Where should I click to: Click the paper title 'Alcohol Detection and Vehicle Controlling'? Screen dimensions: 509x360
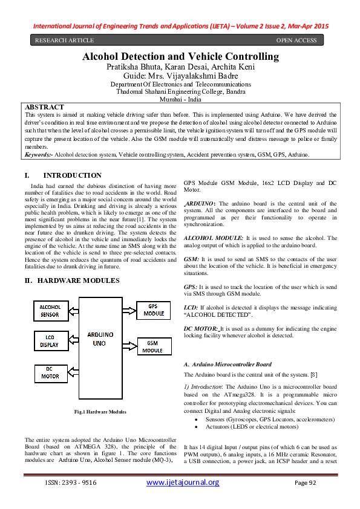pyautogui.click(x=181, y=57)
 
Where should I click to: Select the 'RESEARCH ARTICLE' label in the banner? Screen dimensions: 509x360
pyautogui.click(x=64, y=41)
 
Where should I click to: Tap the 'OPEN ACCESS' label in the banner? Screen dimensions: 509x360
pyautogui.click(x=296, y=41)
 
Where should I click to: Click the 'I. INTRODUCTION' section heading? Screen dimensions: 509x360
pyautogui.click(x=67, y=175)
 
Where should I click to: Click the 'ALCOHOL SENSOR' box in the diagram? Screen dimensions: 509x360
pyautogui.click(x=50, y=311)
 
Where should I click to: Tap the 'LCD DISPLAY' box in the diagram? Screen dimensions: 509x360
pyautogui.click(x=50, y=341)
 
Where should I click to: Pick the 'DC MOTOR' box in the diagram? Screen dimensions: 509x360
pyautogui.click(x=50, y=372)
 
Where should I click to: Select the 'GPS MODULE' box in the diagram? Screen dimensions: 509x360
pyautogui.click(x=154, y=311)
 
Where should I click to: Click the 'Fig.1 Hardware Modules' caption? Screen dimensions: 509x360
pyautogui.click(x=100, y=412)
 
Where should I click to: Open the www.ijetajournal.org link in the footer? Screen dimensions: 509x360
pyautogui.click(x=183, y=482)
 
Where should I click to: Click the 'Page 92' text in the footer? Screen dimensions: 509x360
pyautogui.click(x=306, y=483)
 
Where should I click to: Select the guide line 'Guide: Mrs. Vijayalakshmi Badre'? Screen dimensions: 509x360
pyautogui.click(x=180, y=76)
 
